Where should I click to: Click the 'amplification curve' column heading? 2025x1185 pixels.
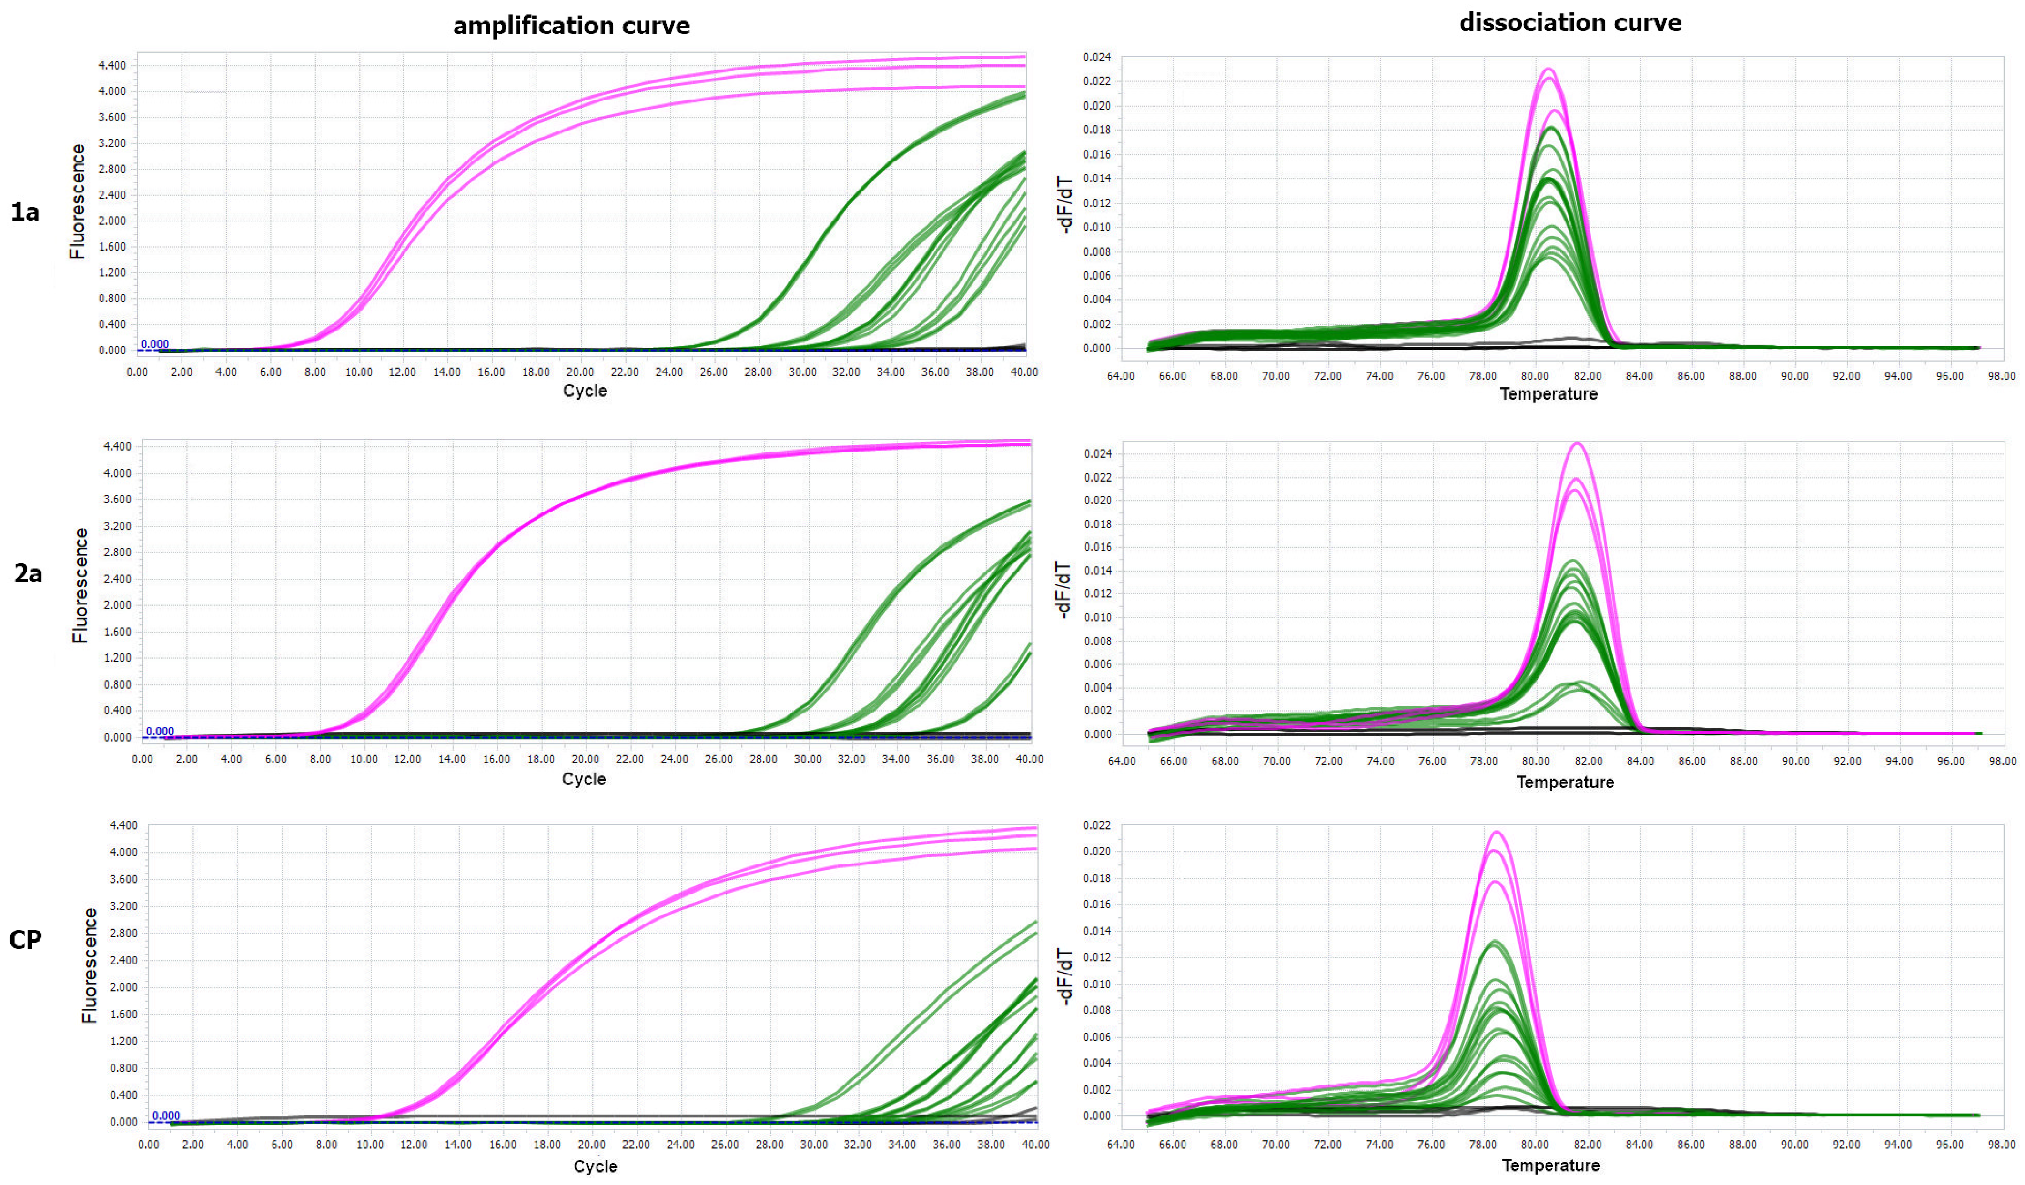(x=571, y=26)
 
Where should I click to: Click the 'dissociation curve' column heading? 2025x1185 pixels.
(x=1570, y=22)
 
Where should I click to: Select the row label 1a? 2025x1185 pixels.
(x=25, y=212)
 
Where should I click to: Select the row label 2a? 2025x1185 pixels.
(x=28, y=573)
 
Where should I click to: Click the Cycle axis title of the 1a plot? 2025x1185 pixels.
(x=584, y=391)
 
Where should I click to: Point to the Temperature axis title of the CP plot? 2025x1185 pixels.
(x=1550, y=1165)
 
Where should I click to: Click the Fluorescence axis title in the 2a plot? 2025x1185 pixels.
(x=80, y=585)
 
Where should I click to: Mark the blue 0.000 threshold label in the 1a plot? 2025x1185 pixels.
(x=154, y=344)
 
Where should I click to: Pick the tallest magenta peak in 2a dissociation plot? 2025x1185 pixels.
(x=1578, y=443)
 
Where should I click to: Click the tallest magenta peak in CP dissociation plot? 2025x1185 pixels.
(x=1496, y=833)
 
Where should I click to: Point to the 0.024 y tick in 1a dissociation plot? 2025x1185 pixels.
(x=1097, y=57)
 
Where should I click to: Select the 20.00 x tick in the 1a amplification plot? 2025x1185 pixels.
(x=579, y=372)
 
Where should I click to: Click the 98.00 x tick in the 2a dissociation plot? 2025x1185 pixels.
(x=2001, y=760)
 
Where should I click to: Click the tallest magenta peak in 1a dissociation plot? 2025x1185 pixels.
(x=1549, y=70)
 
